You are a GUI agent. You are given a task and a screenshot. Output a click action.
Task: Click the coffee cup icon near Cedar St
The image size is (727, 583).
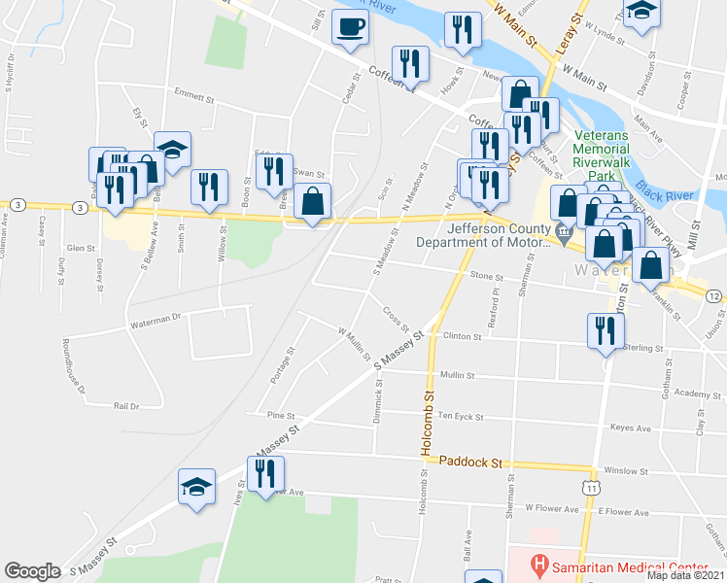(350, 27)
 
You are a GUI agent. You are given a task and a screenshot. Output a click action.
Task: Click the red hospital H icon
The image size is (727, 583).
(537, 564)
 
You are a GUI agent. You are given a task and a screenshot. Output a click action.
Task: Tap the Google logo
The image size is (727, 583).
(32, 570)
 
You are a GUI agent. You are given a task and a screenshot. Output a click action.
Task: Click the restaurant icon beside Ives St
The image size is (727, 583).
(261, 474)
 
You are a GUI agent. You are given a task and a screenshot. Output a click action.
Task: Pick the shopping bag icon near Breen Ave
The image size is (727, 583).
(312, 202)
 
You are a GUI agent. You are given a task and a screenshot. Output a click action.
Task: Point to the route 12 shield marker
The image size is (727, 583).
(713, 295)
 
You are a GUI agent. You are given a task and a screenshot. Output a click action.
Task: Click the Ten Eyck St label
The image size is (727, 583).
(460, 416)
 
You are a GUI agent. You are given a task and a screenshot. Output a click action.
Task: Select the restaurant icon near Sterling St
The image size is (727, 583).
(605, 331)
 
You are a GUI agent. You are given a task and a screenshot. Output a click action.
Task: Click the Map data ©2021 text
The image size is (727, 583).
(686, 574)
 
